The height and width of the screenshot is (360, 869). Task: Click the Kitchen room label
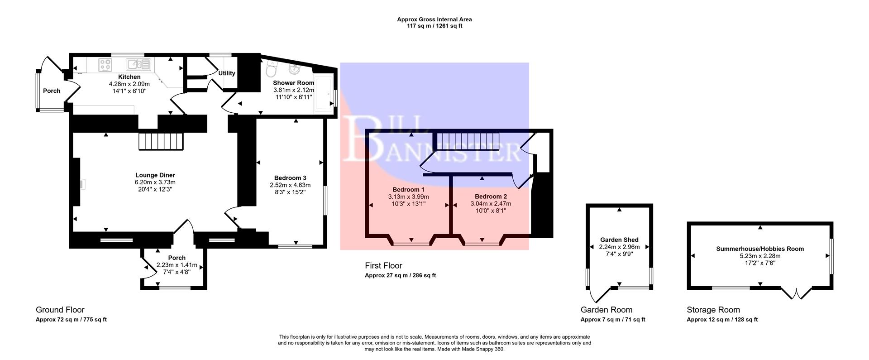click(129, 77)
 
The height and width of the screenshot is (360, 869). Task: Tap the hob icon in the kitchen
click(105, 65)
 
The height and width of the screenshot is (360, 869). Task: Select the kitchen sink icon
click(138, 64)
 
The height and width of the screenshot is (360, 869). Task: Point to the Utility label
click(227, 73)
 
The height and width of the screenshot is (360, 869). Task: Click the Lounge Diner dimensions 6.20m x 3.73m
click(155, 182)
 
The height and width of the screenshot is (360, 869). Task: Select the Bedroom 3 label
click(290, 178)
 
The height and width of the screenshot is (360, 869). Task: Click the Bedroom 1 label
click(408, 189)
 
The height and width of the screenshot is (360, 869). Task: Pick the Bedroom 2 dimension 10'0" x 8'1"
click(491, 211)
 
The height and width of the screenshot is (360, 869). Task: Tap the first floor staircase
click(466, 140)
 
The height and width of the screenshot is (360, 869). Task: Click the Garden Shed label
click(619, 240)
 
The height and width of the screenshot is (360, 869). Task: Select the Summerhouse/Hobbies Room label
click(760, 249)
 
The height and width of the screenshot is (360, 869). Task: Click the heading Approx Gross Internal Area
click(434, 19)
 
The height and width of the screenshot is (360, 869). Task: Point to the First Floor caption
click(383, 266)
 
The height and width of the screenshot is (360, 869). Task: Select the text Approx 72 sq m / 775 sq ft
click(71, 320)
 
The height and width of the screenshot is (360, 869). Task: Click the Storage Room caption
click(713, 310)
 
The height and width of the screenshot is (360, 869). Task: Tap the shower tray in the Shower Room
click(324, 94)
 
